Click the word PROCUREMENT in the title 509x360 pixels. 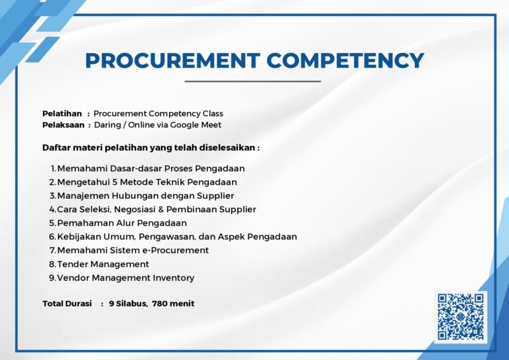[172, 60]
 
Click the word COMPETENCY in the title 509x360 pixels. [345, 60]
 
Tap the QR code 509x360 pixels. [461, 316]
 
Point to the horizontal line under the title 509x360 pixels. [253, 81]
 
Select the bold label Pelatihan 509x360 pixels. [62, 113]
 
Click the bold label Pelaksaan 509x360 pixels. [64, 125]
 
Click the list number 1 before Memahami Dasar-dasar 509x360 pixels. [54, 168]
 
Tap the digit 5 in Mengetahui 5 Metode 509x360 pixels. [115, 182]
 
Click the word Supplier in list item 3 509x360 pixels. [215, 196]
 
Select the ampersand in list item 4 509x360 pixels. [161, 210]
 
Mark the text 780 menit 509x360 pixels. [174, 304]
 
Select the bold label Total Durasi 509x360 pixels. [67, 304]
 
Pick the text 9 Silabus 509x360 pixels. [129, 304]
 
